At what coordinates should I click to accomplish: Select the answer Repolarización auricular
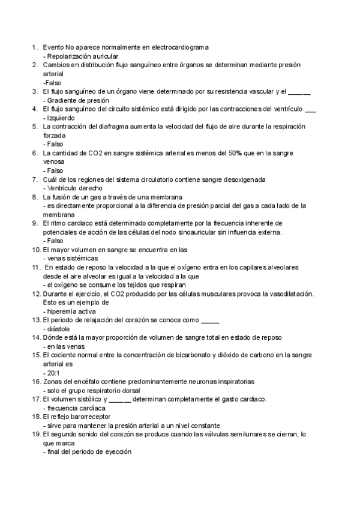coord(77,55)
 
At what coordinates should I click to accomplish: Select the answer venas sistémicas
coord(72,258)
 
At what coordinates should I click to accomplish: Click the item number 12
coord(35,294)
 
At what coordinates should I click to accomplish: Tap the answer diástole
coord(58,328)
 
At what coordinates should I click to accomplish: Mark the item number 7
coord(35,179)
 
